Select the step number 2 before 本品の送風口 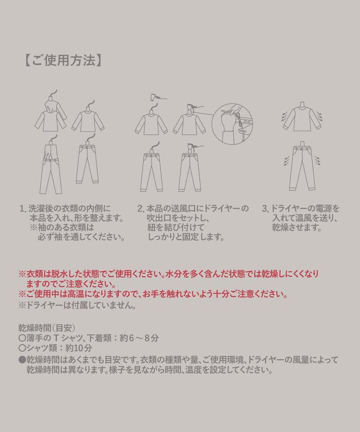[x=141, y=209]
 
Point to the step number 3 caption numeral [x=265, y=209]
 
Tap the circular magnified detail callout [x=232, y=124]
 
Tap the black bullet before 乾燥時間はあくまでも [x=22, y=359]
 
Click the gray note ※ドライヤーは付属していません [x=77, y=306]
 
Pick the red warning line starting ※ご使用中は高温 [x=153, y=295]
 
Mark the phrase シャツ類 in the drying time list [x=40, y=348]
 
